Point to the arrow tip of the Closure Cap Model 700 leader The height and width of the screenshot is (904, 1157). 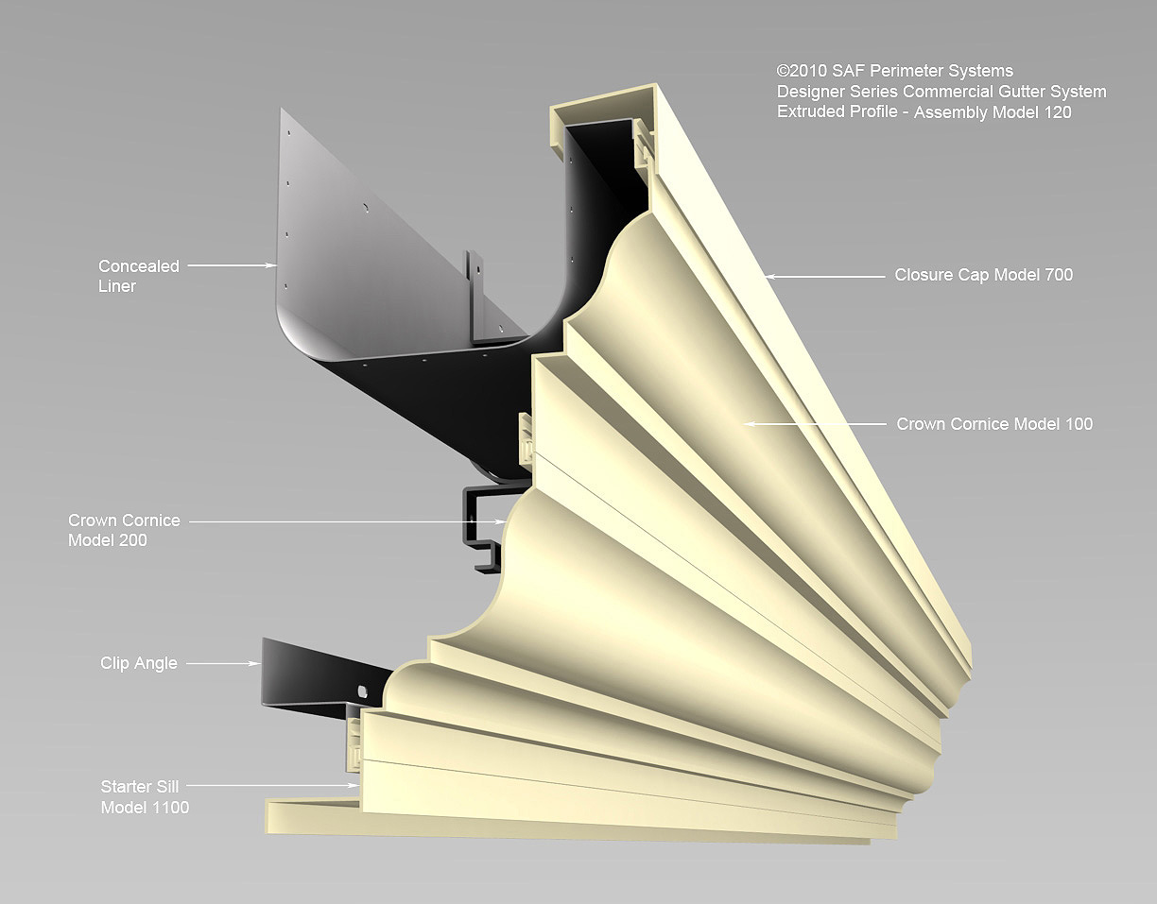[765, 276]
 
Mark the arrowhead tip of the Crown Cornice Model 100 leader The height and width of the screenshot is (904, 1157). [744, 424]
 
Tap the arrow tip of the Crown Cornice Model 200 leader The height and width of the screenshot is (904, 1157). [507, 522]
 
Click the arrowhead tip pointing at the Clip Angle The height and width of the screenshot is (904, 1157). [261, 663]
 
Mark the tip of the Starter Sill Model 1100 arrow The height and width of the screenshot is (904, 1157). [358, 785]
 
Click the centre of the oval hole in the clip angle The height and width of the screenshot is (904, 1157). [363, 691]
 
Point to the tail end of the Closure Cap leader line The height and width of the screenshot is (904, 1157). [885, 276]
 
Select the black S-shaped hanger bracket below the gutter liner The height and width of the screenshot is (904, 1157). [483, 527]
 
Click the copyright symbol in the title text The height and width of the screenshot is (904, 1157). [782, 71]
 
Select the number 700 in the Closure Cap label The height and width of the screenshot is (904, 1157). [1058, 275]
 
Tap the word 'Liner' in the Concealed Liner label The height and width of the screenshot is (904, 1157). [117, 286]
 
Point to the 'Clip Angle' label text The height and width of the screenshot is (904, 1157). [138, 663]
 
